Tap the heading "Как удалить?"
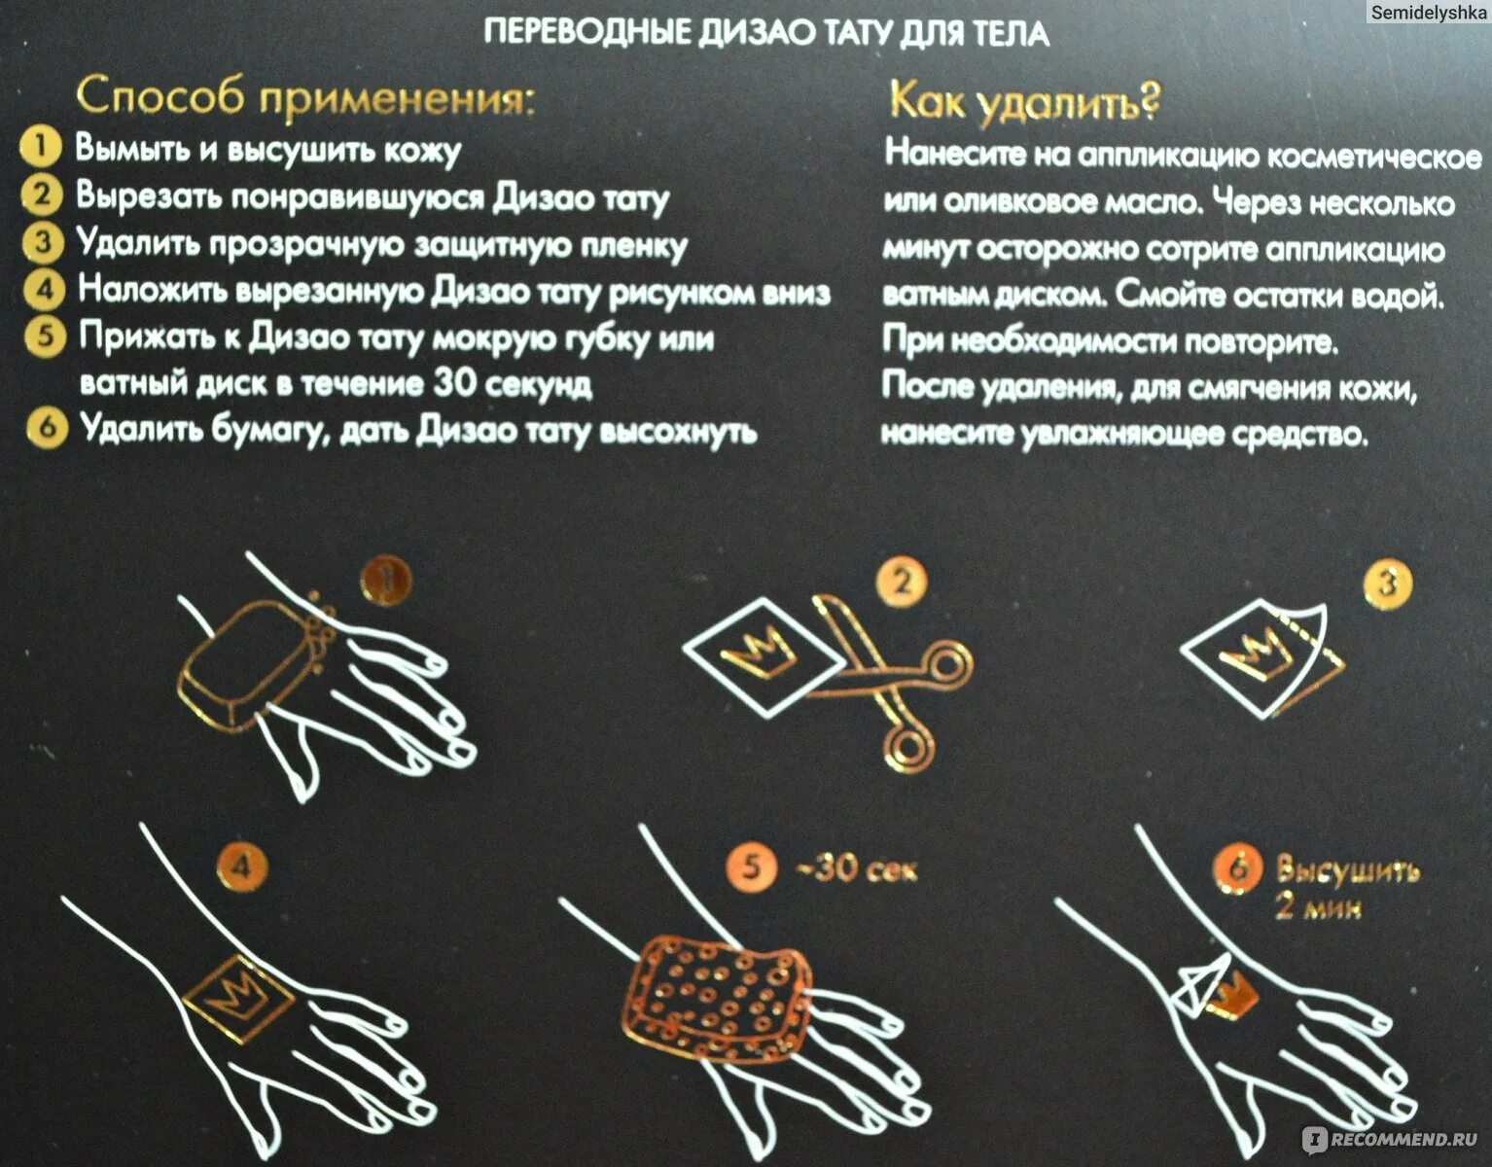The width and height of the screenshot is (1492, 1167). point(1024,101)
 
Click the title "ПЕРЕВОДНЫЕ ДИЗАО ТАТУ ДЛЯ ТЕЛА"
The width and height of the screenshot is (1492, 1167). point(766,33)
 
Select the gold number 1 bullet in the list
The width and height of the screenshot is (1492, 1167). point(40,147)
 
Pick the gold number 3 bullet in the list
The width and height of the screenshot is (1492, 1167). point(42,241)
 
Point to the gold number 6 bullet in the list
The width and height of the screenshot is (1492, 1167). point(46,428)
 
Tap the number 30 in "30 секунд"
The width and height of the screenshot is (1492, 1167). point(454,383)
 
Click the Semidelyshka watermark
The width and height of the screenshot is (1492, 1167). point(1427,12)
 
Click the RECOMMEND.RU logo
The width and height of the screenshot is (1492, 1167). point(1391,1139)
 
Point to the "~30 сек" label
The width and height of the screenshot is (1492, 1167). point(857,866)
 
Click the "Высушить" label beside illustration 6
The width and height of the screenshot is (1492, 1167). point(1347,869)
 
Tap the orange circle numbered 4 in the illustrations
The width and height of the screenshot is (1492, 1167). point(241,866)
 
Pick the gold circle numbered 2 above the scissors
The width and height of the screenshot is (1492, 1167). point(902,582)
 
